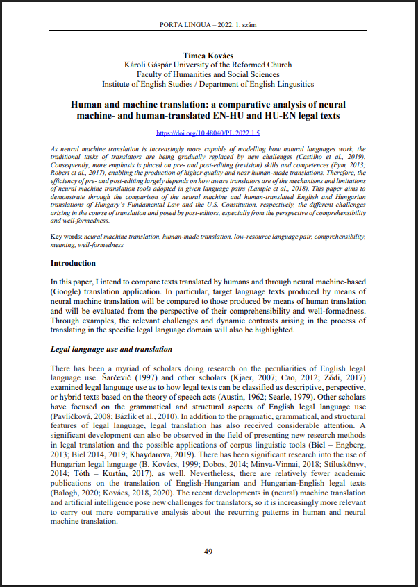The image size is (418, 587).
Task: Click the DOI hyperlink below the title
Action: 208,132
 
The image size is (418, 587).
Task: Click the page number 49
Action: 208,552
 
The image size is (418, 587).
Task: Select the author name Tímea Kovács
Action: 208,55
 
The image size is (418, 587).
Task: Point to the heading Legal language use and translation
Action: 111,349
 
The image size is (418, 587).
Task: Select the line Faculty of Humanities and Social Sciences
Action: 208,74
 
